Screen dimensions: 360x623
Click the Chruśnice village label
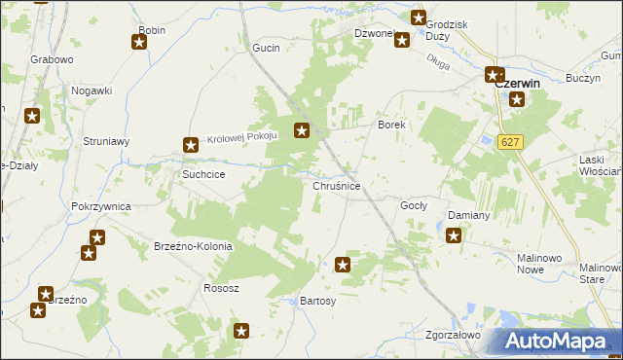pos(337,186)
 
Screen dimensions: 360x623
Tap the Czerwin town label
pos(518,84)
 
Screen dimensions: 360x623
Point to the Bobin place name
pos(152,31)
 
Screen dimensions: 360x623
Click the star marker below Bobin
pos(138,41)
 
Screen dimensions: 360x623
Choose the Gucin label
pos(266,48)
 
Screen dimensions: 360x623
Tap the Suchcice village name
pos(204,174)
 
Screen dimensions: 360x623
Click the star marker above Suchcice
pos(191,146)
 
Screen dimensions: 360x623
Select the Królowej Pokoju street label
pos(242,138)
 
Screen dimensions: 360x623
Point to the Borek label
pos(390,126)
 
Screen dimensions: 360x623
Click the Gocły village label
pos(414,206)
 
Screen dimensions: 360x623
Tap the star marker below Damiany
pos(454,234)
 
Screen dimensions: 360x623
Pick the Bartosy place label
pos(318,302)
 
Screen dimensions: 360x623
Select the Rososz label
pos(221,288)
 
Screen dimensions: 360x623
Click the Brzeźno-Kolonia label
pos(193,246)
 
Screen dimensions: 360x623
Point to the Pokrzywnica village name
pos(101,207)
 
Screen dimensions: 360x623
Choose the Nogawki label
pos(92,90)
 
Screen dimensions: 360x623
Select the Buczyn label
pos(581,77)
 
